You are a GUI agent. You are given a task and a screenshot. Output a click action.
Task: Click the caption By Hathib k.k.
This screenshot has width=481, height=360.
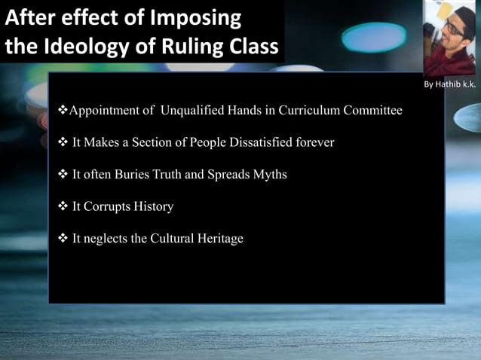tap(449, 84)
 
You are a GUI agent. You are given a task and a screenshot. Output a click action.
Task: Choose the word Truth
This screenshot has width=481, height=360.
tap(168, 174)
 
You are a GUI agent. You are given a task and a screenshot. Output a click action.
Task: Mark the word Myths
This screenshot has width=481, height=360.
tap(268, 174)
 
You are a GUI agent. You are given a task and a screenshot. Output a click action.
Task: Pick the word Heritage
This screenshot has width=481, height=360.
tap(219, 239)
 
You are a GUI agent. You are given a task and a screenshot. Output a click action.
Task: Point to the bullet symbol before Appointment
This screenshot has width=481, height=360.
tap(63, 110)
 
